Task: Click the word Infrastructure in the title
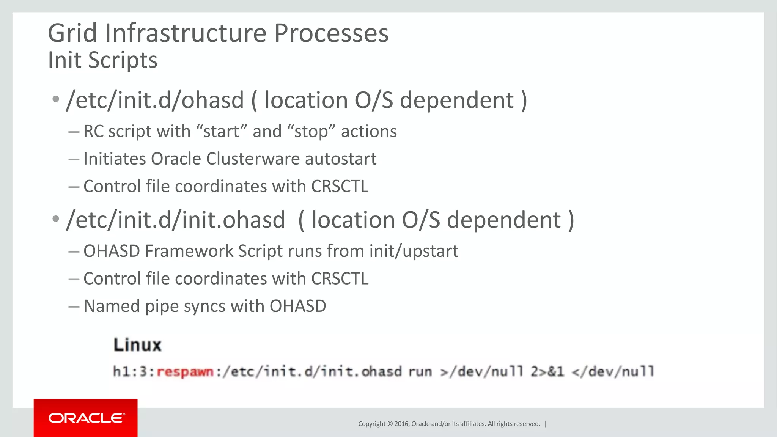186,33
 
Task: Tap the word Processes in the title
331,33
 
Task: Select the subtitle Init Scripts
102,60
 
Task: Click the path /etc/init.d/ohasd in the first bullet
155,100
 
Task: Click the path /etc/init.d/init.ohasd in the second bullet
175,220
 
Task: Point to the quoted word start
222,132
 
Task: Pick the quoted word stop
311,132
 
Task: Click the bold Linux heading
137,345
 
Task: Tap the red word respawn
185,371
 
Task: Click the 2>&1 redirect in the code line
547,371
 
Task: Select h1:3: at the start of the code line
134,371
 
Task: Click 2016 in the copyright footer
401,424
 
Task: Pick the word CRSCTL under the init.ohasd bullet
340,279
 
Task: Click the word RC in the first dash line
93,132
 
